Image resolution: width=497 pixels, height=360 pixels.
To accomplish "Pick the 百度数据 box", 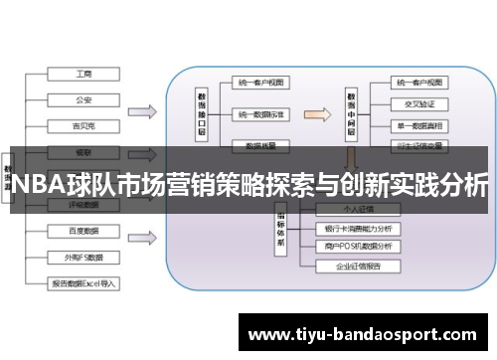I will [83, 231].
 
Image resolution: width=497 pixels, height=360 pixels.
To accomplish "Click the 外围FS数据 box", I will [83, 257].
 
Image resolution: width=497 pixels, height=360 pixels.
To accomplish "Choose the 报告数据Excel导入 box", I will [83, 283].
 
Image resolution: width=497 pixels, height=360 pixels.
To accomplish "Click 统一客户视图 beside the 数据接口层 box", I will [260, 83].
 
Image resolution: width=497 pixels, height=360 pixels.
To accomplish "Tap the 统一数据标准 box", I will [260, 114].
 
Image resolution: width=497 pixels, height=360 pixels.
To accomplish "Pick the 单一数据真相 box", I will [417, 126].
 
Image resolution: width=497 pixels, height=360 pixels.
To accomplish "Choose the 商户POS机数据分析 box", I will [358, 246].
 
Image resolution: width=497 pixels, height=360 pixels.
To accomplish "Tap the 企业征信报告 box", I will [358, 267].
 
